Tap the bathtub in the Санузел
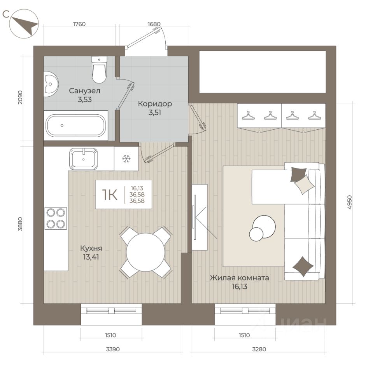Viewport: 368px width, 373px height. (76, 125)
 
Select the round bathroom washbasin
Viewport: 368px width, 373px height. (51, 84)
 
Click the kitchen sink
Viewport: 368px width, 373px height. (83, 159)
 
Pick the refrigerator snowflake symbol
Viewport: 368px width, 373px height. (126, 159)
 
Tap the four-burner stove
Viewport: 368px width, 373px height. (56, 218)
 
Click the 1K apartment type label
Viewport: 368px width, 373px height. (110, 195)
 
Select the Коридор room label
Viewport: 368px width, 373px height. (155, 104)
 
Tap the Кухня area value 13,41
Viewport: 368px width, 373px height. (91, 257)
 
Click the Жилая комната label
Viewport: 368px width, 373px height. (239, 278)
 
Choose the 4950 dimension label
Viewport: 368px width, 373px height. (349, 202)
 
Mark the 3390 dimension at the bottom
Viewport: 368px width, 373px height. (113, 349)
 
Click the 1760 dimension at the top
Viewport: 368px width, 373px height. (79, 24)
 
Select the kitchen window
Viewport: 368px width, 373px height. (111, 310)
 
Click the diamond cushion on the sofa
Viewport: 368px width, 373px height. (303, 267)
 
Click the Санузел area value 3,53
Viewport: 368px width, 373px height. (84, 99)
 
